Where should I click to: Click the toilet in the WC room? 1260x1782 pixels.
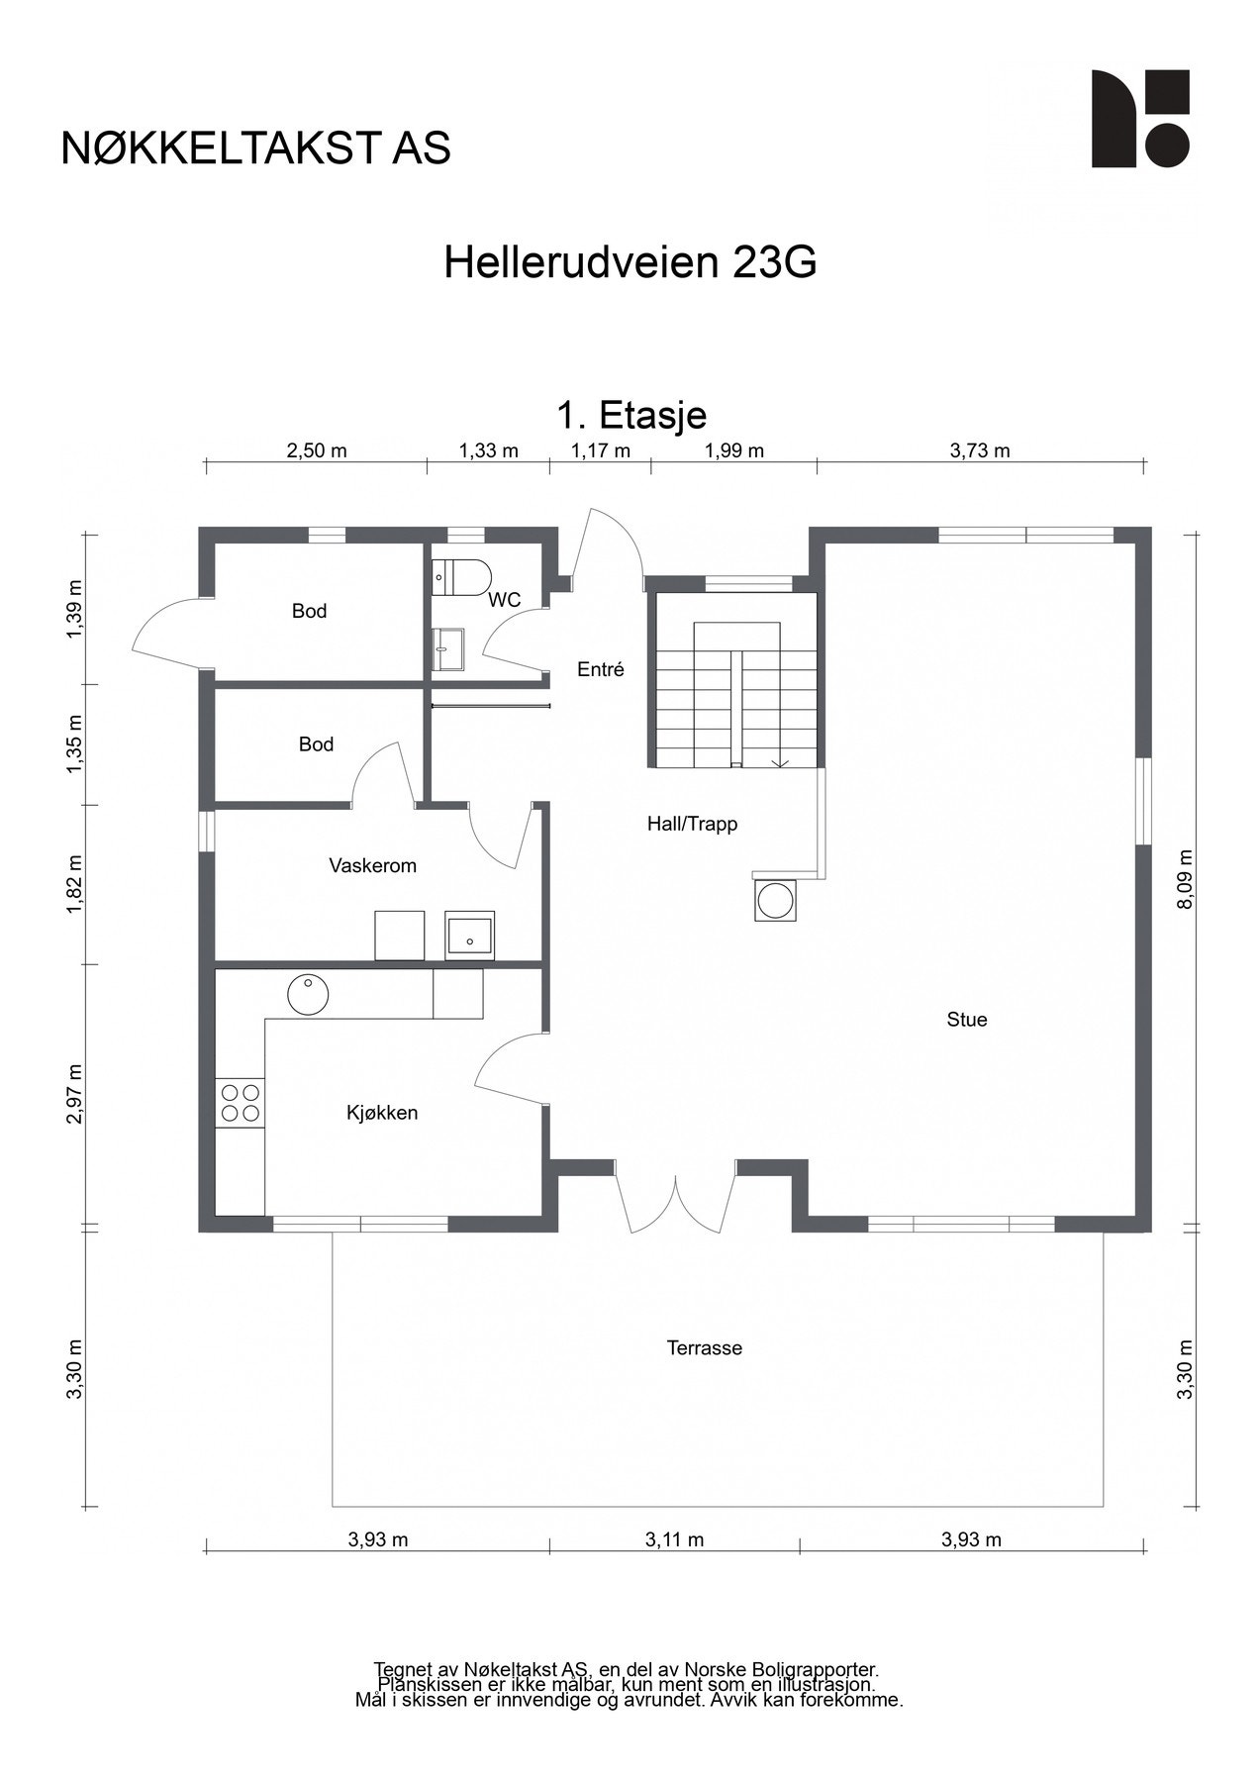(x=462, y=576)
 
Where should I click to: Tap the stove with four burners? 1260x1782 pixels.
(x=241, y=1103)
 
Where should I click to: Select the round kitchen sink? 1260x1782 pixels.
(x=308, y=994)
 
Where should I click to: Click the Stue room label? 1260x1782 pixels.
(x=966, y=1020)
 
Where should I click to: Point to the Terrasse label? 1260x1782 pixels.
(x=704, y=1348)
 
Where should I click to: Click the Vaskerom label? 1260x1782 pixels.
(x=372, y=866)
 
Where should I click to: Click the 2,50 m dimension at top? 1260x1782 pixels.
(x=317, y=451)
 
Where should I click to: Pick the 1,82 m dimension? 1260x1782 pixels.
(x=75, y=884)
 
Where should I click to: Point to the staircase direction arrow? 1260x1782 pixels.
(x=780, y=761)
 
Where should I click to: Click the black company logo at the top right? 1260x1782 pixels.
(x=1139, y=119)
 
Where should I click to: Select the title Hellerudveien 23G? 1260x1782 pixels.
(x=630, y=263)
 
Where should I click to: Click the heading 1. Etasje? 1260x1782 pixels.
(x=630, y=415)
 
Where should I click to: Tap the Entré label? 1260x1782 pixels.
(x=601, y=670)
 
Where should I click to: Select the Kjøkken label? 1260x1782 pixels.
(x=382, y=1113)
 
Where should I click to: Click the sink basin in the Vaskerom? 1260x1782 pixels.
(x=469, y=936)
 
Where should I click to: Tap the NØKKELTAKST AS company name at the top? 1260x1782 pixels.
(x=255, y=148)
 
